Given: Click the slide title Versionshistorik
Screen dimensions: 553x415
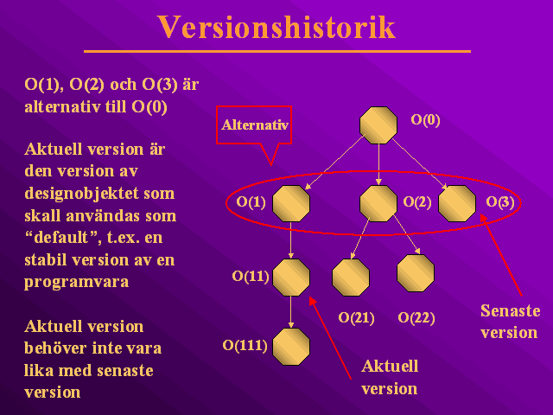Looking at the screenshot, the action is click(276, 27).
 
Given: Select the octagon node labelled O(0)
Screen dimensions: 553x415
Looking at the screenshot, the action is click(378, 125).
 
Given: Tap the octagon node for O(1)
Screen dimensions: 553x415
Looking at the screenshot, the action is click(291, 204).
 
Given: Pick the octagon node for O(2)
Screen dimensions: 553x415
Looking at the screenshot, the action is click(378, 204).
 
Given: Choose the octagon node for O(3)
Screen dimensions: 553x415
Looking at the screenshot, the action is click(457, 204).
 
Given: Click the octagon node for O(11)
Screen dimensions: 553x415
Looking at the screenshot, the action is click(291, 278).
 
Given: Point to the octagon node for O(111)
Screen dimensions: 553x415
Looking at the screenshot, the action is click(291, 347).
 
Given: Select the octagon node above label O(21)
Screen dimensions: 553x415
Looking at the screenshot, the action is click(351, 278).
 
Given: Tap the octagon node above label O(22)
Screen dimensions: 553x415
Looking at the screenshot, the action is click(416, 273).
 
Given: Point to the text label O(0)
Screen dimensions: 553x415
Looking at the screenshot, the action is click(425, 120).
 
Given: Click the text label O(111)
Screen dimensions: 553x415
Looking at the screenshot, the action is click(245, 346).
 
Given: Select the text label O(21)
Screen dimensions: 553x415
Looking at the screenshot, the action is click(356, 318).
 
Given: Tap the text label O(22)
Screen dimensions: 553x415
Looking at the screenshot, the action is click(416, 318).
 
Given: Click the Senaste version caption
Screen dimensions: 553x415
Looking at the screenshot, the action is click(510, 322).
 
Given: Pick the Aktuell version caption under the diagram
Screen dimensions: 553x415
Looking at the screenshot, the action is click(390, 377).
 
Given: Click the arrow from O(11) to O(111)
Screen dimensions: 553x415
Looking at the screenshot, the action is click(291, 312).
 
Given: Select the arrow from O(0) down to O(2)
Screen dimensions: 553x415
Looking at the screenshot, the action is click(378, 164).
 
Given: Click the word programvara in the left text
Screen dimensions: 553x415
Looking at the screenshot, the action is click(77, 283).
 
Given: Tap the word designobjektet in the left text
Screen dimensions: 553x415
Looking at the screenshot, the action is click(82, 194).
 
